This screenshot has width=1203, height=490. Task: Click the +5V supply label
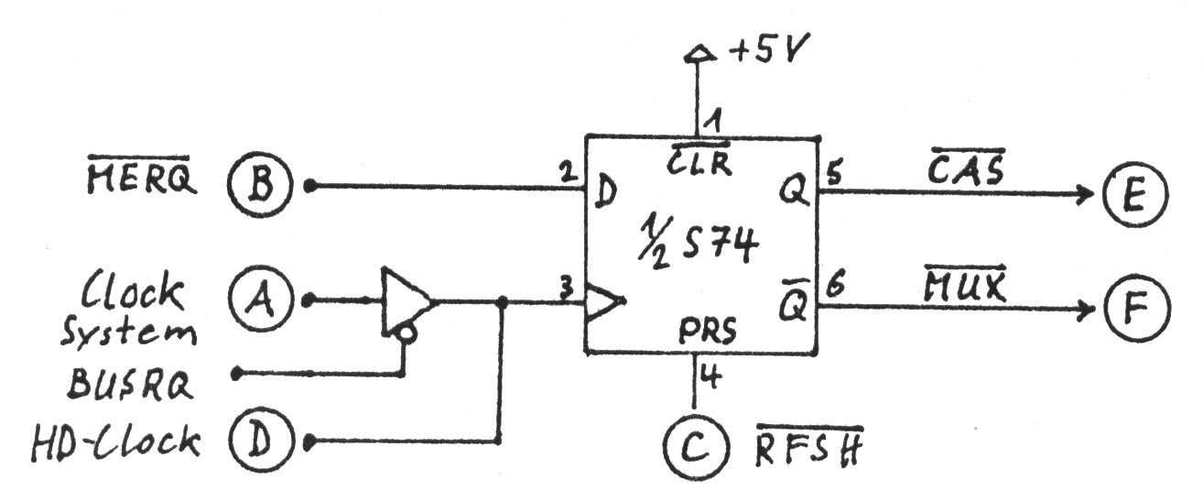coord(764,54)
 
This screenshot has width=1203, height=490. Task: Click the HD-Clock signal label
coord(116,441)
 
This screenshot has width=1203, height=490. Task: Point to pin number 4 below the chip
coord(709,375)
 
